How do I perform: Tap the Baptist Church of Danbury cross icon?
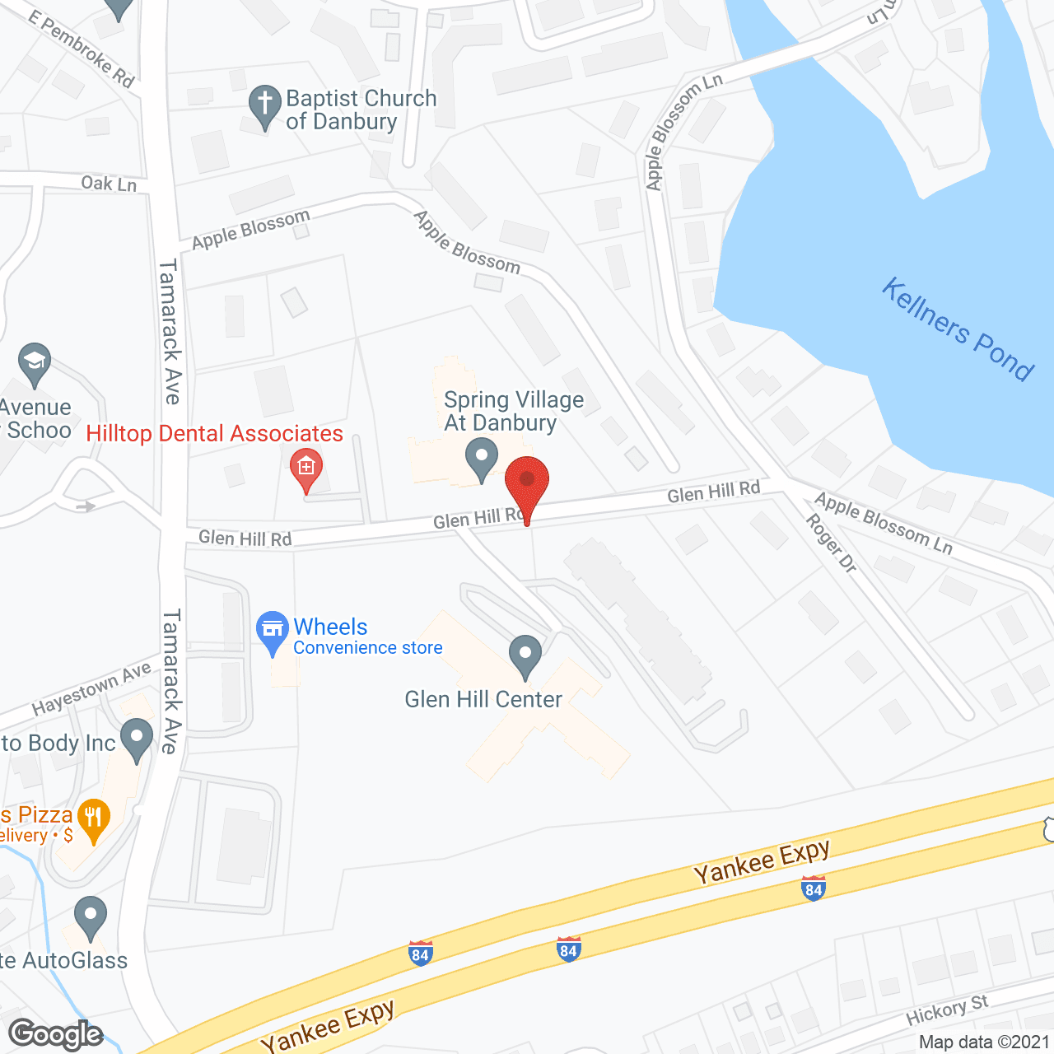click(264, 105)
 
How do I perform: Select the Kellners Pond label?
click(958, 329)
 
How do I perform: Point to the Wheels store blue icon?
click(272, 631)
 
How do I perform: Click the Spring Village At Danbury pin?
click(481, 458)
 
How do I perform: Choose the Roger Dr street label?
click(831, 543)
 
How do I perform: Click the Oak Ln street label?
click(109, 183)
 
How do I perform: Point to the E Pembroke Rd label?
click(81, 49)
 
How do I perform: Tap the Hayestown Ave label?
click(91, 688)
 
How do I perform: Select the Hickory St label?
click(946, 1010)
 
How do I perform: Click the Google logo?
click(56, 1033)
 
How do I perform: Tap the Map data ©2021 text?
click(984, 1042)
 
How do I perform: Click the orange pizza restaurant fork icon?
click(93, 819)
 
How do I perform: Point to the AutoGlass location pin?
click(90, 916)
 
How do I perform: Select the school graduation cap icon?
click(35, 362)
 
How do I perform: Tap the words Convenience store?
click(368, 648)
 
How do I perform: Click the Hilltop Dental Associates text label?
click(214, 434)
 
